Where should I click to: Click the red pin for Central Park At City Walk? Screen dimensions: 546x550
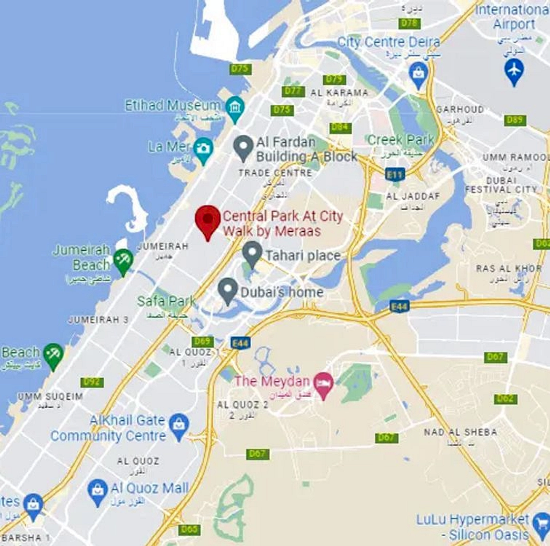208,219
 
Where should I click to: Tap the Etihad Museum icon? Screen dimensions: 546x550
235,107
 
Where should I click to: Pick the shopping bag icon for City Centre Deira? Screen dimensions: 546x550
418,74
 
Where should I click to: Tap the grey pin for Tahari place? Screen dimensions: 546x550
252,253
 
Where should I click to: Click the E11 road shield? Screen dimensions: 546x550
395,174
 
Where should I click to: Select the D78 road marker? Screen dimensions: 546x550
409,23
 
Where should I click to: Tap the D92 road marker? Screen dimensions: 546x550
92,382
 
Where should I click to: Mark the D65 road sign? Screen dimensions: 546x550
189,529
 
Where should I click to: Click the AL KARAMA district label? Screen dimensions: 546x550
339,93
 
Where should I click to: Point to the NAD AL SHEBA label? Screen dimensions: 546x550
460,432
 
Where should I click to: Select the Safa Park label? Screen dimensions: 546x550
166,301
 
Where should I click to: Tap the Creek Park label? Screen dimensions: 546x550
401,140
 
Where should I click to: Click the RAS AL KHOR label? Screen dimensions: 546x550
509,268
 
